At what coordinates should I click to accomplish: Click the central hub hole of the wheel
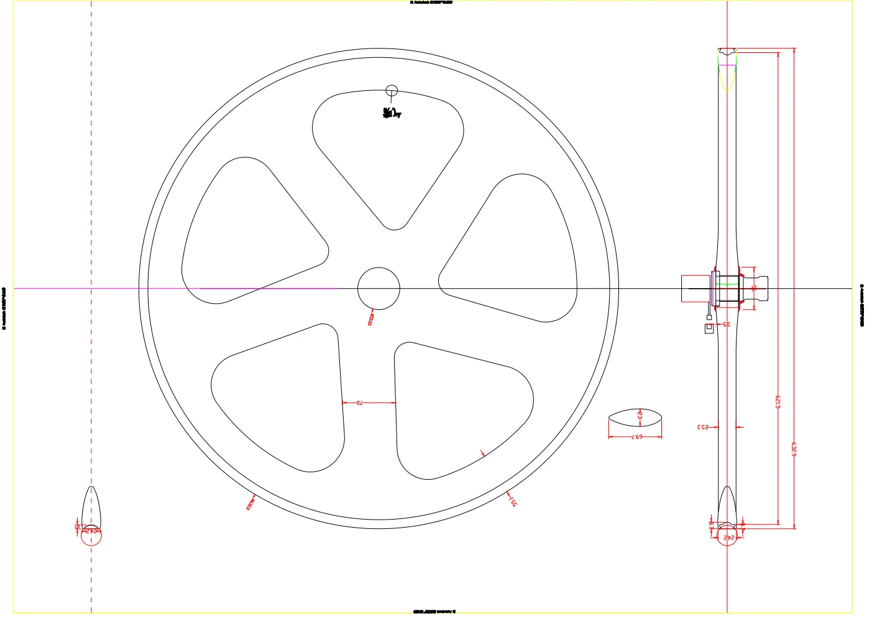click(379, 288)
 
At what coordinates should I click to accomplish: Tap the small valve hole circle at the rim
click(391, 90)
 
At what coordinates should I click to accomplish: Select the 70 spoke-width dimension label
click(359, 403)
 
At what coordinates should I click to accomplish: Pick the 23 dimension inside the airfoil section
click(640, 415)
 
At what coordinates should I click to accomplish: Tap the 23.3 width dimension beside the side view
click(703, 427)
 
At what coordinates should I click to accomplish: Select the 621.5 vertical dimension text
click(778, 401)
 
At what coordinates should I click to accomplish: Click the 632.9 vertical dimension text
click(794, 449)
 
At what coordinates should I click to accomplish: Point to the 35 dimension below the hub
click(725, 324)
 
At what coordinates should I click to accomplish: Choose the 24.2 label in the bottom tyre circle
click(728, 537)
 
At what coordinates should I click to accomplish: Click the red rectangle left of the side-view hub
click(696, 289)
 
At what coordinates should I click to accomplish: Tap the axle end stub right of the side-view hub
click(761, 288)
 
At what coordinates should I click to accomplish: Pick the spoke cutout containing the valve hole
click(388, 156)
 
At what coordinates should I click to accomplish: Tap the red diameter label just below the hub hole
click(370, 319)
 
